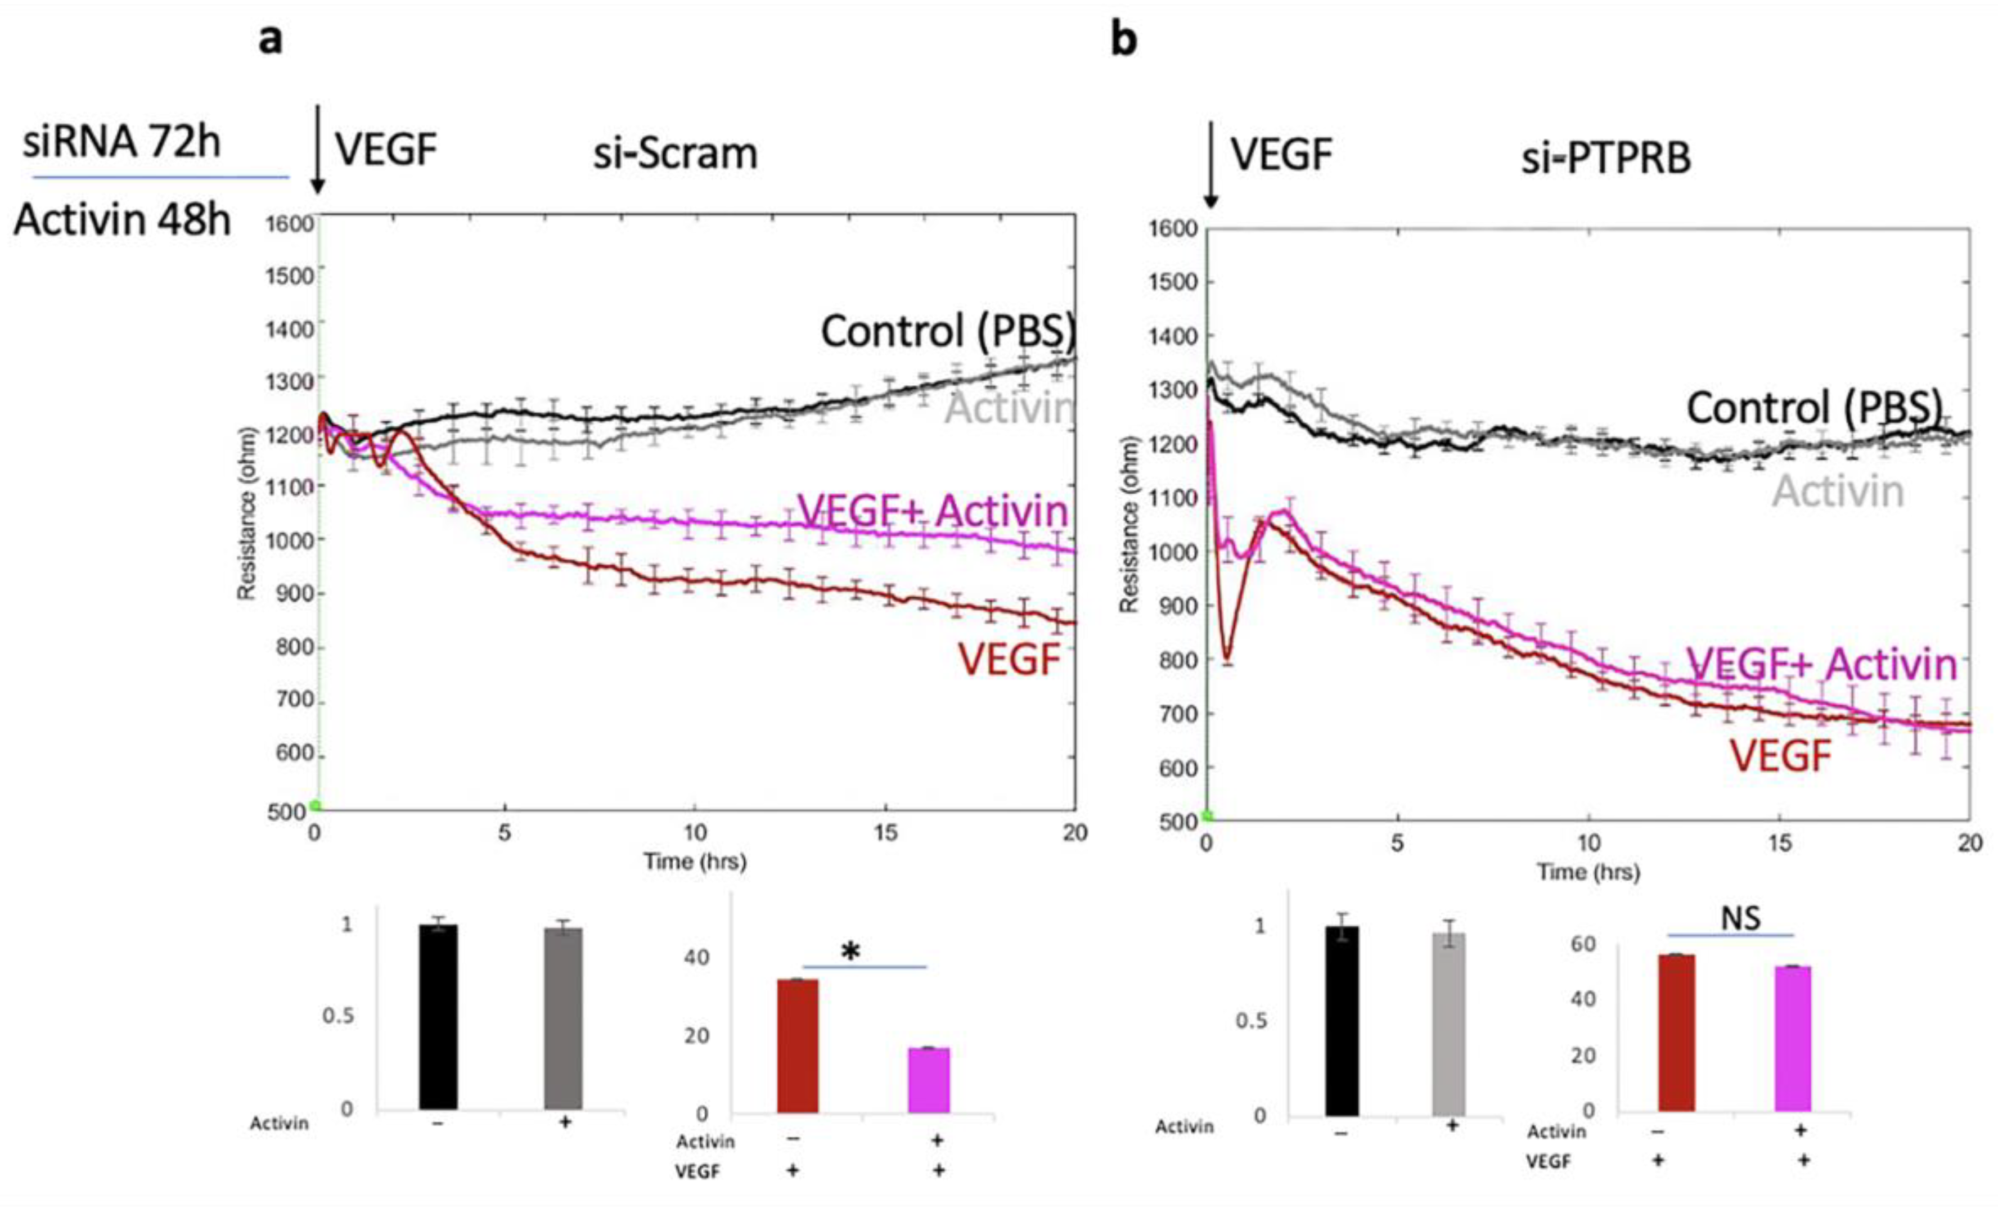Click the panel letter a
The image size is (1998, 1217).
271,39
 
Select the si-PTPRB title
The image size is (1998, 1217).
1605,158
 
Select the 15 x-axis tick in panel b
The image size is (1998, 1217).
1779,843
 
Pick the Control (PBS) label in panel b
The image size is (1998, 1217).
1815,407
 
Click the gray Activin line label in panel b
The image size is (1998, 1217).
1838,492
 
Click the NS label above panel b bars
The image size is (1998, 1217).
1741,918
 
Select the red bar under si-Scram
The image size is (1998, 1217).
798,1046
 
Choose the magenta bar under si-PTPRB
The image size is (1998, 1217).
1793,1039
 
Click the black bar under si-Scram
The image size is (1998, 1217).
439,1017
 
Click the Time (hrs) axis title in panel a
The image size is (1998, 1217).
695,861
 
